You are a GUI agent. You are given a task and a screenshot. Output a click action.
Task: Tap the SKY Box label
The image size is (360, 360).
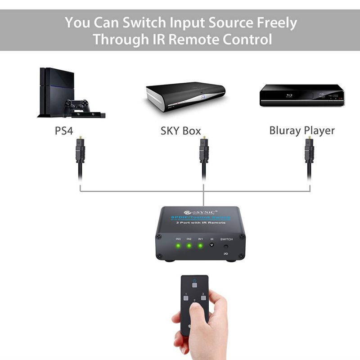180,131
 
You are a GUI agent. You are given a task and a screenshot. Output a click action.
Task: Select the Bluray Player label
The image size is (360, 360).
302,130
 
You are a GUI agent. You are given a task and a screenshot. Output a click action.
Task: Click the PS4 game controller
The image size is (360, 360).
75,107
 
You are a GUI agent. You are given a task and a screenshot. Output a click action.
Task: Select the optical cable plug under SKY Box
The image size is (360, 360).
203,151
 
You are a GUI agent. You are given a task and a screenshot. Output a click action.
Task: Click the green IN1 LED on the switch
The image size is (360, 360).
200,246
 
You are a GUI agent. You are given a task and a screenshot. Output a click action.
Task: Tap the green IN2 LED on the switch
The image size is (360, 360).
189,246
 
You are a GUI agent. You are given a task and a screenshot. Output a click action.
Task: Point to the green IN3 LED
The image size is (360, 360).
178,246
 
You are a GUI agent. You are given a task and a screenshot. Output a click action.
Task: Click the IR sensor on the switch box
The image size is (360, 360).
212,246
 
